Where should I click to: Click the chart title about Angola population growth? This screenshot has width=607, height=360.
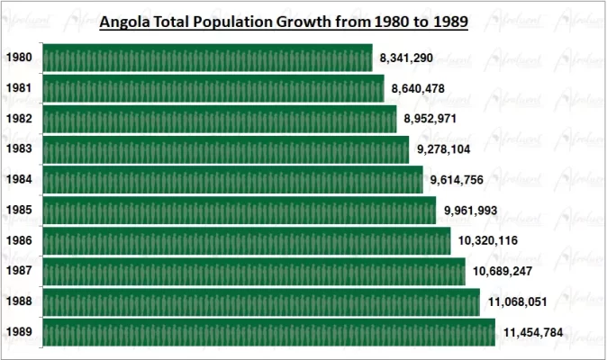[283, 22]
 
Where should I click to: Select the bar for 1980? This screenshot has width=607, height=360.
[207, 58]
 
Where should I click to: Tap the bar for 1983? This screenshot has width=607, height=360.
[225, 149]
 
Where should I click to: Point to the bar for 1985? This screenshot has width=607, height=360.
[239, 211]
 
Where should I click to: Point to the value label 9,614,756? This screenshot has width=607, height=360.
[457, 180]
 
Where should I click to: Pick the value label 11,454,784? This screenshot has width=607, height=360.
[533, 333]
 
